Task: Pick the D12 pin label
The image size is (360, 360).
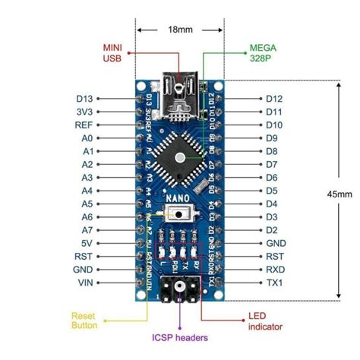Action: [274, 99]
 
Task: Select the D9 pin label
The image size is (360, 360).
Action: [272, 138]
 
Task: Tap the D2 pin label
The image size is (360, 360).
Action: [272, 230]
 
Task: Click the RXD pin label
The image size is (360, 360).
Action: [275, 270]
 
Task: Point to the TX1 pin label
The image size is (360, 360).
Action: [274, 283]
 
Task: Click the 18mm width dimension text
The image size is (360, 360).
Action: [181, 31]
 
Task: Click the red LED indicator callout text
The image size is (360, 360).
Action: [266, 320]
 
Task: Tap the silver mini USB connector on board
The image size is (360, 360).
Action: [180, 98]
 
